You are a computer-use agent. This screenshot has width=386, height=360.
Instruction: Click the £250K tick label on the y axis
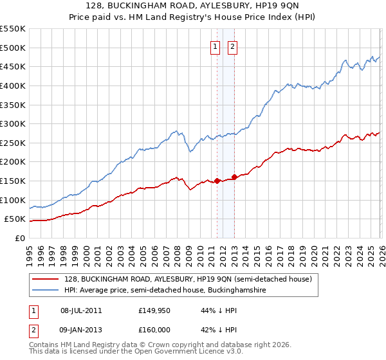coord(13,143)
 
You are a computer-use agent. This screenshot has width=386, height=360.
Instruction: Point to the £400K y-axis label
coord(13,85)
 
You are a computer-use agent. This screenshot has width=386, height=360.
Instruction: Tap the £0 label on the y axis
coord(21,238)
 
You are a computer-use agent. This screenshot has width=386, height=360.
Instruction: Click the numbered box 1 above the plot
coord(214,46)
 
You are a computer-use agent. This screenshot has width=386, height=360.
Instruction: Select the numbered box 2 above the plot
coord(232,46)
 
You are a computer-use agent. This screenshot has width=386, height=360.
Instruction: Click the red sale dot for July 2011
coord(217,181)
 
